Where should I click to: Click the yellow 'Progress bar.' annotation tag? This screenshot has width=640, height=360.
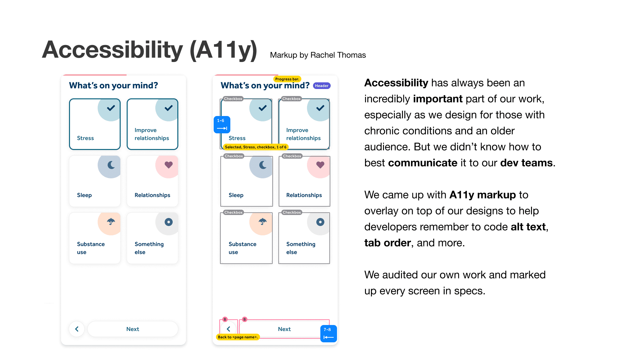pyautogui.click(x=287, y=79)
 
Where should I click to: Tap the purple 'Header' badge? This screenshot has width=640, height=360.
pyautogui.click(x=322, y=86)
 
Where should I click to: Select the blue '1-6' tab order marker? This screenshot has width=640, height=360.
pyautogui.click(x=222, y=125)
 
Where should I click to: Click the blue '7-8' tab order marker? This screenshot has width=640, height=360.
pyautogui.click(x=329, y=334)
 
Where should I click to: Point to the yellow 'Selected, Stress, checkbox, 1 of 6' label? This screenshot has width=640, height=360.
pyautogui.click(x=255, y=147)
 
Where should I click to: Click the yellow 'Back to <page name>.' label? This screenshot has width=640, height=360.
pyautogui.click(x=238, y=337)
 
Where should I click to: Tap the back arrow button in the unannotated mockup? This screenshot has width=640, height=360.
pyautogui.click(x=77, y=329)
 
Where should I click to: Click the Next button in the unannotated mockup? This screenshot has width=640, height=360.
pyautogui.click(x=133, y=329)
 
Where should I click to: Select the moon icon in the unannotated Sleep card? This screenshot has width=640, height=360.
pyautogui.click(x=111, y=165)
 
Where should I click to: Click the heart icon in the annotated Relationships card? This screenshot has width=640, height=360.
pyautogui.click(x=320, y=165)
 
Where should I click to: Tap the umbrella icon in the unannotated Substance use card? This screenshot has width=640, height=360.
pyautogui.click(x=111, y=222)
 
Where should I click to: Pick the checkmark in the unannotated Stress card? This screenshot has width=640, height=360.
pyautogui.click(x=111, y=108)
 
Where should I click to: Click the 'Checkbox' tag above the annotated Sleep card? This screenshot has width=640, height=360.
pyautogui.click(x=234, y=156)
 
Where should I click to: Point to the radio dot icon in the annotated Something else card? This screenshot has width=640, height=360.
pyautogui.click(x=320, y=222)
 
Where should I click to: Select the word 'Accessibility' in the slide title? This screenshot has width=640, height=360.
pyautogui.click(x=113, y=50)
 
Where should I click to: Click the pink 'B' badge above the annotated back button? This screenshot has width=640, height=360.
pyautogui.click(x=225, y=319)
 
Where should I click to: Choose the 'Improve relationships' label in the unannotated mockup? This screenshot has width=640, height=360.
pyautogui.click(x=152, y=134)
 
